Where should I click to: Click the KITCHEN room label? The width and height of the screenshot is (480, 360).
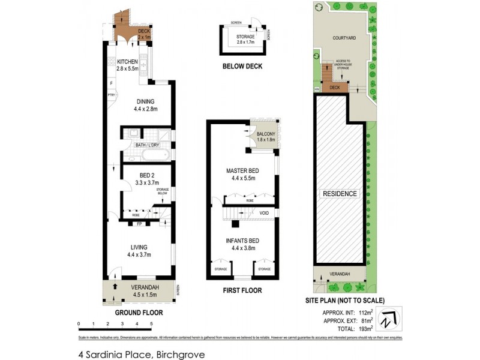coord(127,62)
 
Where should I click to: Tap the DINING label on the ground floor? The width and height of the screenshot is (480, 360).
coord(145,101)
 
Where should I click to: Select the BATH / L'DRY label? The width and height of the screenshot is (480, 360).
coord(147,145)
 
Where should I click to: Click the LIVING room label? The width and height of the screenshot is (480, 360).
coord(139,247)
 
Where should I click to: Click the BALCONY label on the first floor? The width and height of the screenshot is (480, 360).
coord(265,134)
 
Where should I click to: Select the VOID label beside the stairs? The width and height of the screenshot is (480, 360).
coord(264,213)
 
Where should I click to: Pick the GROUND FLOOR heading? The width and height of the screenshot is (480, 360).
coord(139,313)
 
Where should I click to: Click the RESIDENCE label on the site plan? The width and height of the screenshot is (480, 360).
coord(340,194)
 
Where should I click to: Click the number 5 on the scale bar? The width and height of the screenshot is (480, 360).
coord(152,324)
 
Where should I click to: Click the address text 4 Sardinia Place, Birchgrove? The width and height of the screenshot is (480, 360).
coord(142,355)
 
